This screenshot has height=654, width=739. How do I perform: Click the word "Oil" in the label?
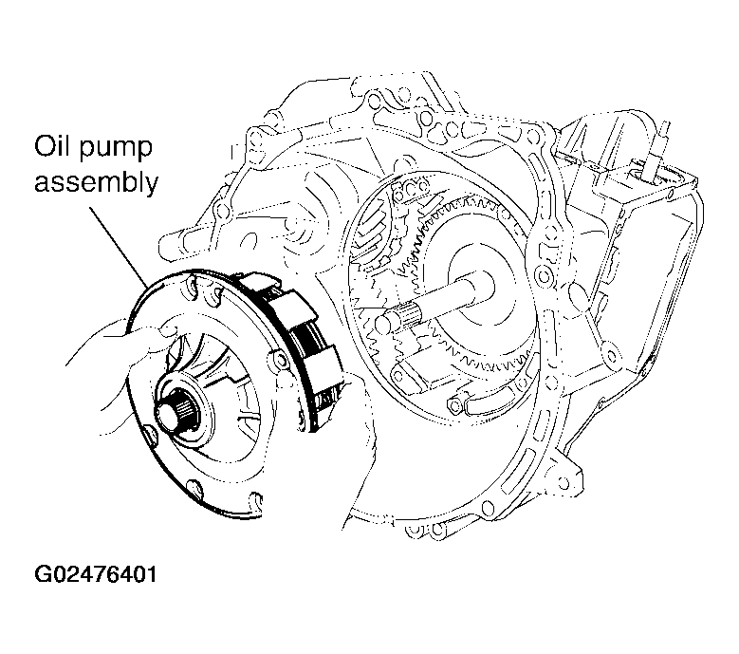[x=52, y=146]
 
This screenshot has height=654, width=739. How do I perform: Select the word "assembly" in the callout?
[x=96, y=182]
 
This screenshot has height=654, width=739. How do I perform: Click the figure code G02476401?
[x=95, y=574]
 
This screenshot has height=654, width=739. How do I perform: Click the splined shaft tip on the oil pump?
[x=178, y=409]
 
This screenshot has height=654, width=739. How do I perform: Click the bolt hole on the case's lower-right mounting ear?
[x=563, y=482]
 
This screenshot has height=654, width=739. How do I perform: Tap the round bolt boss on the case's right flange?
[x=544, y=274]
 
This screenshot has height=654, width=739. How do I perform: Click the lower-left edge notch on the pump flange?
[x=151, y=435]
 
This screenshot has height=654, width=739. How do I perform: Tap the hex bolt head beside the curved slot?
[x=454, y=405]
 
